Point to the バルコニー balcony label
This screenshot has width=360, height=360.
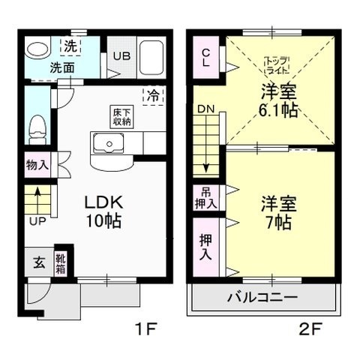262,297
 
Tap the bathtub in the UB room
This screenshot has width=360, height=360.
154,55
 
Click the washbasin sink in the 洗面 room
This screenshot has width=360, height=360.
35,49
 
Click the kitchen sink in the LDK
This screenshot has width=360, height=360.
109,143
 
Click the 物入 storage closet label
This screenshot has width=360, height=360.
37,165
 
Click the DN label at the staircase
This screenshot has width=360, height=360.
205,109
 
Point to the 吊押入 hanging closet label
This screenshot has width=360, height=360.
207,199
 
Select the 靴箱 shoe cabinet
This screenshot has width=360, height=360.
61,262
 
